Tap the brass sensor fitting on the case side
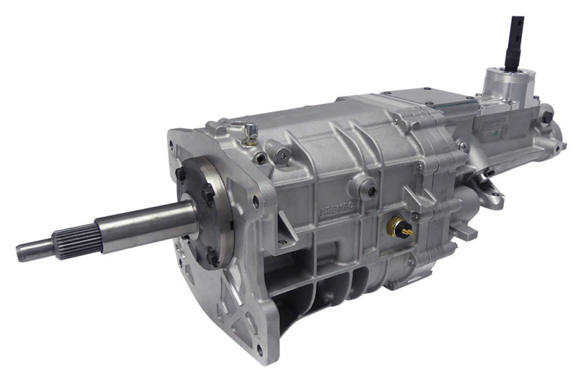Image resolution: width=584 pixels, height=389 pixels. pos(399,227)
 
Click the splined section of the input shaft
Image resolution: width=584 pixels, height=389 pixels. pos(78,241)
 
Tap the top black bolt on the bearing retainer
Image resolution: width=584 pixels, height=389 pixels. pos(181,174)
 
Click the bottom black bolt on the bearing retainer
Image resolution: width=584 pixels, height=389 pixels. pos(212,257)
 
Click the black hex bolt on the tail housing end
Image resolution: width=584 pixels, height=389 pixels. pos(547,117)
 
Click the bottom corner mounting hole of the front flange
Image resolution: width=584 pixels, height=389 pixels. pos(259,350)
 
